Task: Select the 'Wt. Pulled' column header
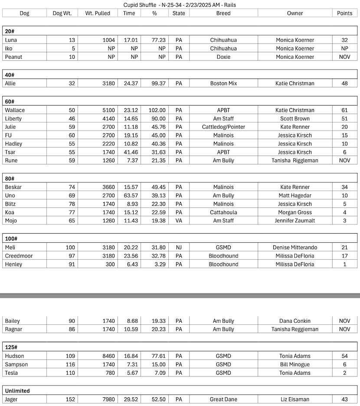(98, 13)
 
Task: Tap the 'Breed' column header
(223, 13)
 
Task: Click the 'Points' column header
(345, 13)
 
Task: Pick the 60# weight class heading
(10, 102)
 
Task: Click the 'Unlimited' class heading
(17, 391)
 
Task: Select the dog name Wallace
(15, 110)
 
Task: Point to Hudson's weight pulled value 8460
(108, 356)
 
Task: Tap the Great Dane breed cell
(223, 399)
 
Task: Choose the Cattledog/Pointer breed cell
(223, 127)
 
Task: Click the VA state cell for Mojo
(179, 221)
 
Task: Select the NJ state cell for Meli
(179, 248)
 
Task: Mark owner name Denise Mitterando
(295, 248)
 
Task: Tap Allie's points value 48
(345, 83)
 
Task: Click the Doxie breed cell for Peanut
(223, 57)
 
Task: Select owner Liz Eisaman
(295, 399)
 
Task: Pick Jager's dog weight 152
(70, 399)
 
